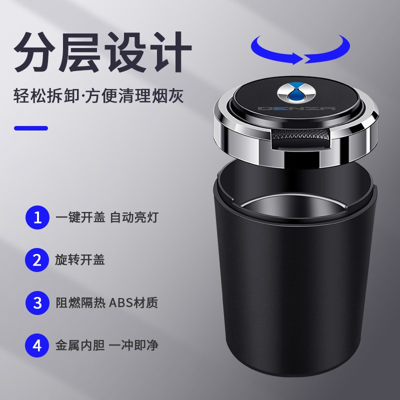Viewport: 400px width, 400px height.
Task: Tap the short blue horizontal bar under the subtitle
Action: click(31, 128)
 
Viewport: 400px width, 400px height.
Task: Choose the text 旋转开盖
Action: click(79, 260)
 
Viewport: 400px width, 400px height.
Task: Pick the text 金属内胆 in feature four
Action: click(79, 345)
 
